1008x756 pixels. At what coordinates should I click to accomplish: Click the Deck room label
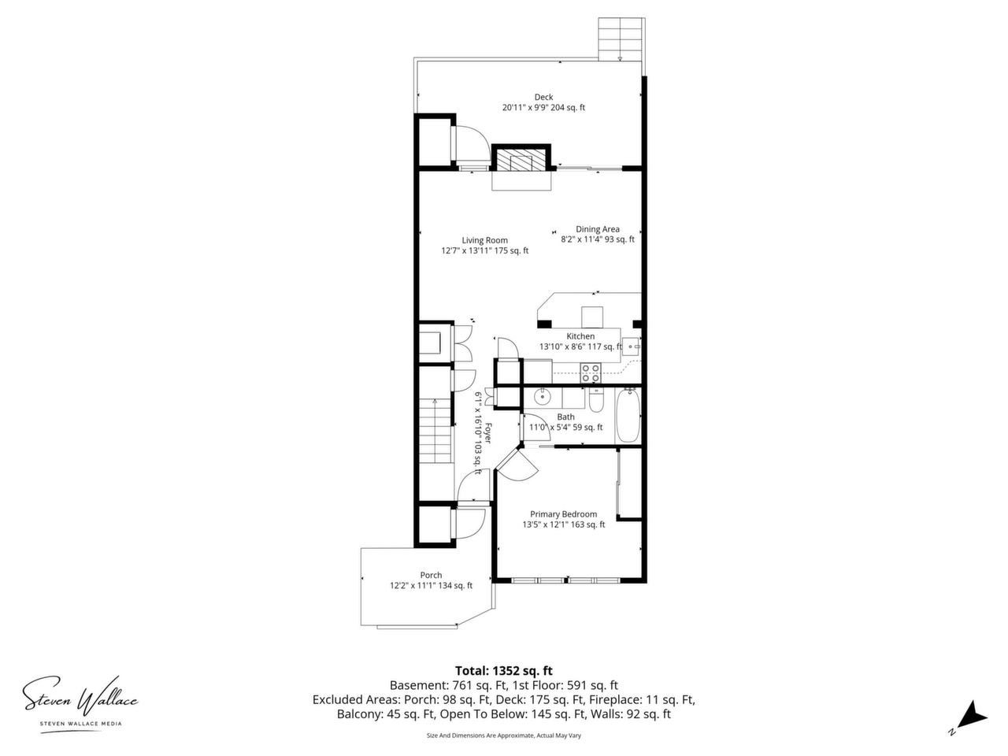pos(543,97)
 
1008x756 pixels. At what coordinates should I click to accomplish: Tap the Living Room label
pos(484,240)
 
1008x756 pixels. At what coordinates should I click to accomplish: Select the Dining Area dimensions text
pos(598,239)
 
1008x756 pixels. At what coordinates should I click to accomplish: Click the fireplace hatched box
pos(521,160)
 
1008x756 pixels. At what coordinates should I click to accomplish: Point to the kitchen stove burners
pos(591,372)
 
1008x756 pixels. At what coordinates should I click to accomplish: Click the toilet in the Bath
pos(595,400)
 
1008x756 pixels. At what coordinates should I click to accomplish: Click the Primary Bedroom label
pos(564,514)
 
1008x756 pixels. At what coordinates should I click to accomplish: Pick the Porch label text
pos(431,575)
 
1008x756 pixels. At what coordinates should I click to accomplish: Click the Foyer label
pos(487,433)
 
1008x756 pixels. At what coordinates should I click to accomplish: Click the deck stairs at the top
pos(620,39)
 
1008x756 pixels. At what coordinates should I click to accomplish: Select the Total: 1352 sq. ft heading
pos(504,671)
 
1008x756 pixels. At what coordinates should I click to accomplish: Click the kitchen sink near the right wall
pos(631,346)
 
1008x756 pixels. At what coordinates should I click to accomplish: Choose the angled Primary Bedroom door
pos(517,465)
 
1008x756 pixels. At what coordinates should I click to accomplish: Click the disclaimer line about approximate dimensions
pos(504,736)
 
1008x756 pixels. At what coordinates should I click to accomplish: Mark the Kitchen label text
pos(580,336)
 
